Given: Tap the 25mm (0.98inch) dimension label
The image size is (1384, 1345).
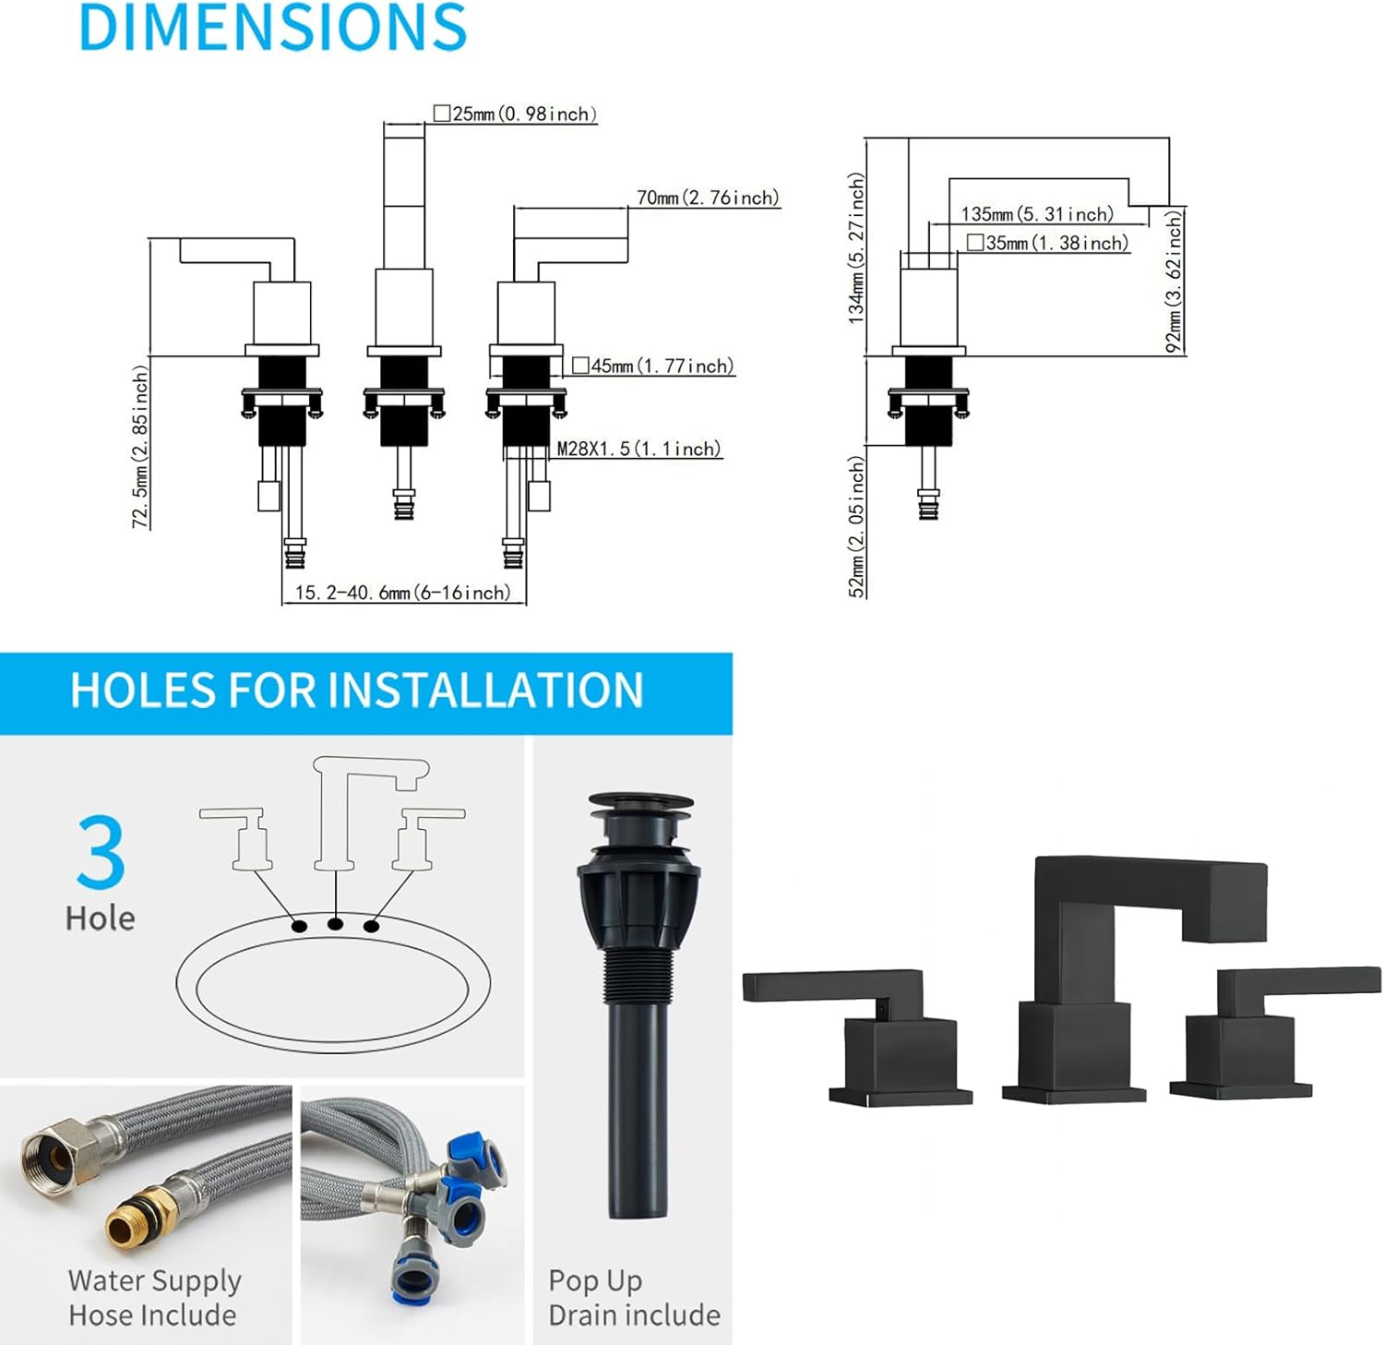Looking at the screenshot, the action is pyautogui.click(x=516, y=114).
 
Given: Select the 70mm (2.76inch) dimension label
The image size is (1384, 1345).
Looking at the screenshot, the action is pyautogui.click(x=708, y=198).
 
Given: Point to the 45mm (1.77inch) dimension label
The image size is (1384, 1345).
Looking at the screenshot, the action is pyautogui.click(x=653, y=366).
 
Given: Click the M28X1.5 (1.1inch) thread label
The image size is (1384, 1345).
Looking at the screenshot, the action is pyautogui.click(x=638, y=449).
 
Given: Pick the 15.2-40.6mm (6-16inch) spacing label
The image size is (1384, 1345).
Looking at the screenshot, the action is pyautogui.click(x=402, y=593).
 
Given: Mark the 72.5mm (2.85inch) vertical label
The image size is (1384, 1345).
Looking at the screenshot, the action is pyautogui.click(x=139, y=447).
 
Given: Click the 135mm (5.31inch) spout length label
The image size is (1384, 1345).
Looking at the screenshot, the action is pyautogui.click(x=1037, y=214).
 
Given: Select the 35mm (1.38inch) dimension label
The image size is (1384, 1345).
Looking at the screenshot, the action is pyautogui.click(x=1048, y=243).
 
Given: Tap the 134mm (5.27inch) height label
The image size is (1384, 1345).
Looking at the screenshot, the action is pyautogui.click(x=857, y=248).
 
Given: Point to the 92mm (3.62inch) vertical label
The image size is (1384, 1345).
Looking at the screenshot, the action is pyautogui.click(x=1174, y=282).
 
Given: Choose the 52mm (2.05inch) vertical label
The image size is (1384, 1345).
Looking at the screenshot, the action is pyautogui.click(x=857, y=526).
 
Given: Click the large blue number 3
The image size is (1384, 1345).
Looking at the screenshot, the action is pyautogui.click(x=101, y=851).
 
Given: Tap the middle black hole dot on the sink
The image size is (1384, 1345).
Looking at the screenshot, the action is pyautogui.click(x=336, y=923).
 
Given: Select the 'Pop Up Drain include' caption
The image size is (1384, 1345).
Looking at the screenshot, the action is pyautogui.click(x=634, y=1297).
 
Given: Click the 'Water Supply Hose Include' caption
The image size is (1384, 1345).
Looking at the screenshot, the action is pyautogui.click(x=154, y=1297).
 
